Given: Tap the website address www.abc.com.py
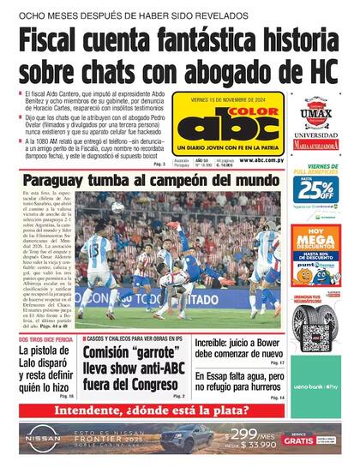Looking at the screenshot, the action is click(256, 159).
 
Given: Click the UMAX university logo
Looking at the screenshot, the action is click(316, 111).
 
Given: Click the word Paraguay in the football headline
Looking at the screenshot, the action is click(63, 181).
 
